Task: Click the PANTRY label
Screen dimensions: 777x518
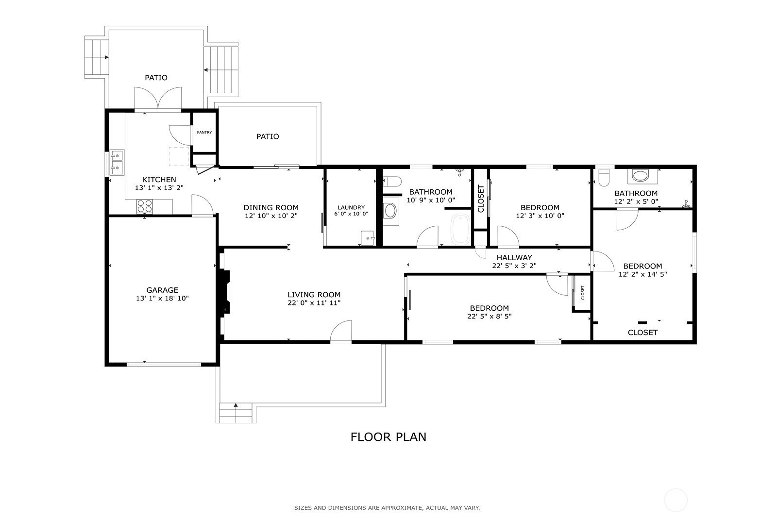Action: click(x=204, y=133)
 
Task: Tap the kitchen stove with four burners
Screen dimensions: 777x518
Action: click(x=145, y=206)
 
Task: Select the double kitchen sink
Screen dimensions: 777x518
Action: click(x=117, y=162)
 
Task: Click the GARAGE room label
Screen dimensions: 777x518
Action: click(x=162, y=290)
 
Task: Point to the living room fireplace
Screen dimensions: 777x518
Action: click(x=224, y=293)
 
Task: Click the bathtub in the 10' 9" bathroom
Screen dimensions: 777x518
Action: click(x=461, y=229)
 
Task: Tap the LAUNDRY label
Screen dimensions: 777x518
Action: click(x=351, y=207)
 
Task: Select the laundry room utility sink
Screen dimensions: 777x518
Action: click(x=368, y=238)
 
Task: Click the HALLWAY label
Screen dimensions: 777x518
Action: click(x=514, y=258)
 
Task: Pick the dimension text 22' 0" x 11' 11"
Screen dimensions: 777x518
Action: click(x=314, y=302)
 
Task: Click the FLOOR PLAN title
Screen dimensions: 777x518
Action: click(x=388, y=437)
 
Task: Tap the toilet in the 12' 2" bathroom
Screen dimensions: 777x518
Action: click(x=604, y=178)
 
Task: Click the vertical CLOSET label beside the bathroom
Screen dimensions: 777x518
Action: click(x=481, y=199)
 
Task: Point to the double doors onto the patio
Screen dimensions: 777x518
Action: click(x=158, y=98)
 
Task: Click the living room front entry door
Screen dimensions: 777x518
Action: click(x=341, y=332)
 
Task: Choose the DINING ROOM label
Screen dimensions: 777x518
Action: click(x=271, y=208)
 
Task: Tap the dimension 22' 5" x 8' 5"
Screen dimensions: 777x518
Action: click(x=490, y=316)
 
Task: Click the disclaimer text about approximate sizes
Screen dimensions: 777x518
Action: click(x=387, y=508)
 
